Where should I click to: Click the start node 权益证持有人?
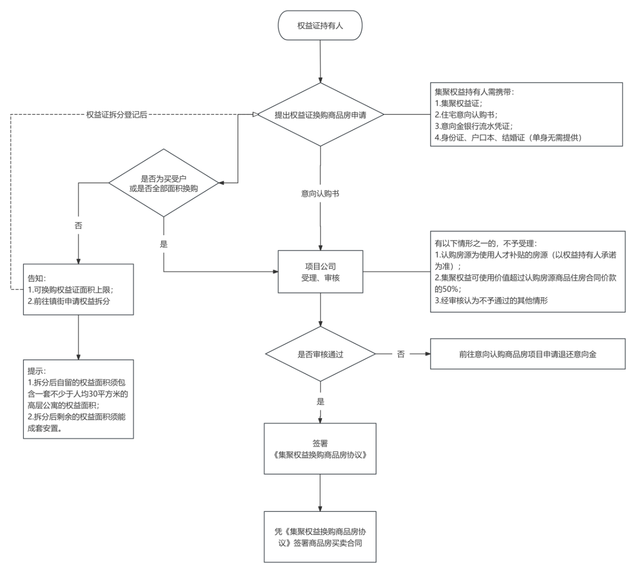point(320,25)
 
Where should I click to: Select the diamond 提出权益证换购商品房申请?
point(320,114)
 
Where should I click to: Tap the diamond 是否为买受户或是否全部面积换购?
point(163,183)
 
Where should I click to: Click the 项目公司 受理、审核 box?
point(320,272)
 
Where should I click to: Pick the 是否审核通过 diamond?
point(320,354)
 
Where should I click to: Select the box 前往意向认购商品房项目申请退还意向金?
point(528,354)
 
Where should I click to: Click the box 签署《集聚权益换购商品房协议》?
point(320,449)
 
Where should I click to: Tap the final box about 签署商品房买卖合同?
point(320,537)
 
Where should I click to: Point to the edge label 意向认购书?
point(320,193)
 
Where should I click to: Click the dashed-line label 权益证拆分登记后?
point(117,115)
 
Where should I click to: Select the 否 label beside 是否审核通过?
point(401,354)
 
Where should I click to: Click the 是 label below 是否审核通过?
point(320,402)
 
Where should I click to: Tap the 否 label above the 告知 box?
point(79,226)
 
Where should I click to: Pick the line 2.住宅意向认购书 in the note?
point(466,115)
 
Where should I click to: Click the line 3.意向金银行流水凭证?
point(474,126)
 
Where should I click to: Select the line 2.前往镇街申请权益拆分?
point(69,301)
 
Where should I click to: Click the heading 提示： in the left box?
point(37,371)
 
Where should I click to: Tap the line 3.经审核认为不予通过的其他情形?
point(491,300)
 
